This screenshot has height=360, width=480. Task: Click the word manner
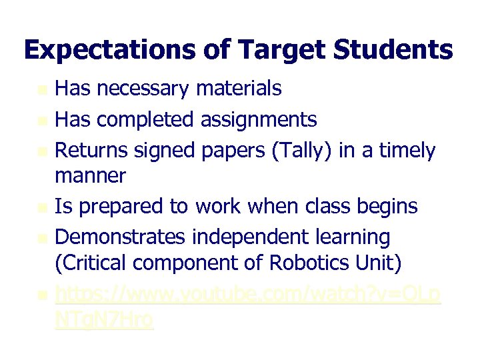tap(90, 176)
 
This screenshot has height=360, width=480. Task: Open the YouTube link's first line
tap(247, 294)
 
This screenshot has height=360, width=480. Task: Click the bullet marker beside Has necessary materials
tap(42, 89)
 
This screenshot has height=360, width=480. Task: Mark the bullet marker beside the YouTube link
tap(42, 295)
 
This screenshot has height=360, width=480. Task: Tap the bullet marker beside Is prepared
tap(42, 207)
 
